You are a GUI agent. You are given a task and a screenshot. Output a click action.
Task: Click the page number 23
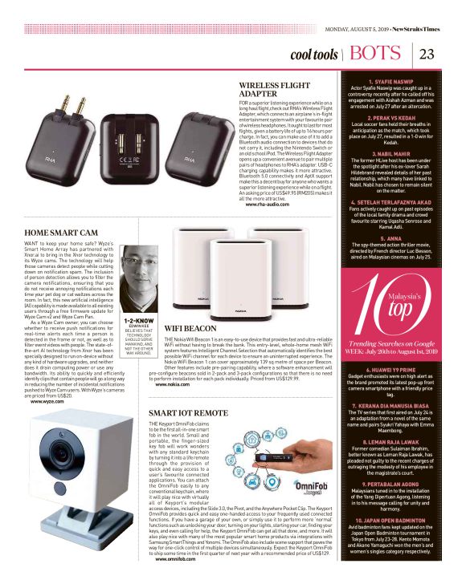coord(427,55)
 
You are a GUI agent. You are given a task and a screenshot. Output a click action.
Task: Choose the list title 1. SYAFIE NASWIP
coord(392,82)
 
